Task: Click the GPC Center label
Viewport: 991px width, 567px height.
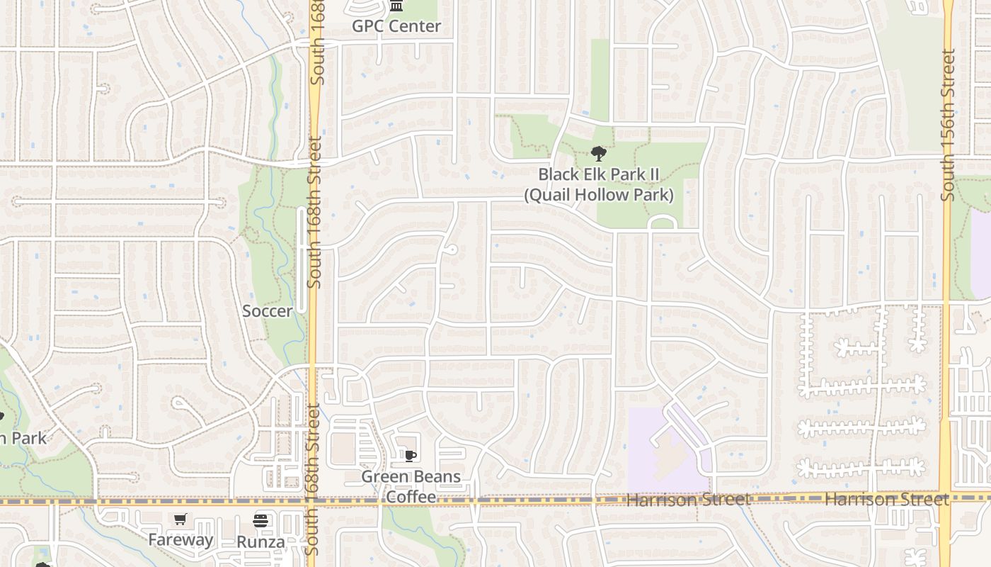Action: click(x=396, y=26)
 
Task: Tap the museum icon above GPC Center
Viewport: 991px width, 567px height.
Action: click(x=396, y=6)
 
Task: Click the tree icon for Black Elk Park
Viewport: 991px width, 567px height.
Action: click(x=598, y=153)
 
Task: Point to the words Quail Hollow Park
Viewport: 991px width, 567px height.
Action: click(x=599, y=194)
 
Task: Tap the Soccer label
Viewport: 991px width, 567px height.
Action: click(x=267, y=311)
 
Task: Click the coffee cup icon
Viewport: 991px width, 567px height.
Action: click(x=410, y=456)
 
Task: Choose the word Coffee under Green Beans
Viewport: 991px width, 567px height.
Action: click(x=411, y=497)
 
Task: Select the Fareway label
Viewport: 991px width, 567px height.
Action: click(x=181, y=540)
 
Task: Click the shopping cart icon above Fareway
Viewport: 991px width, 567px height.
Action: click(x=181, y=520)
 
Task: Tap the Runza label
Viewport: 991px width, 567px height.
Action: click(x=260, y=543)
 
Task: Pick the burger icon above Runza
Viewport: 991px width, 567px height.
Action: click(x=260, y=521)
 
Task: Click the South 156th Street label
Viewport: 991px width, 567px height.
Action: click(x=949, y=124)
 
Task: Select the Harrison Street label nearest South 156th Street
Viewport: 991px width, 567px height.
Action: click(x=886, y=500)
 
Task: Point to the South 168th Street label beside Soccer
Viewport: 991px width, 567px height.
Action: click(x=315, y=213)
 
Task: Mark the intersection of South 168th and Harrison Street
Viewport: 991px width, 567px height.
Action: click(x=312, y=500)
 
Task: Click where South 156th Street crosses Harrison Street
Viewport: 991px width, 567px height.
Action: click(x=946, y=498)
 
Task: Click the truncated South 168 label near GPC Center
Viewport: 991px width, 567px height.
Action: click(x=318, y=43)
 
